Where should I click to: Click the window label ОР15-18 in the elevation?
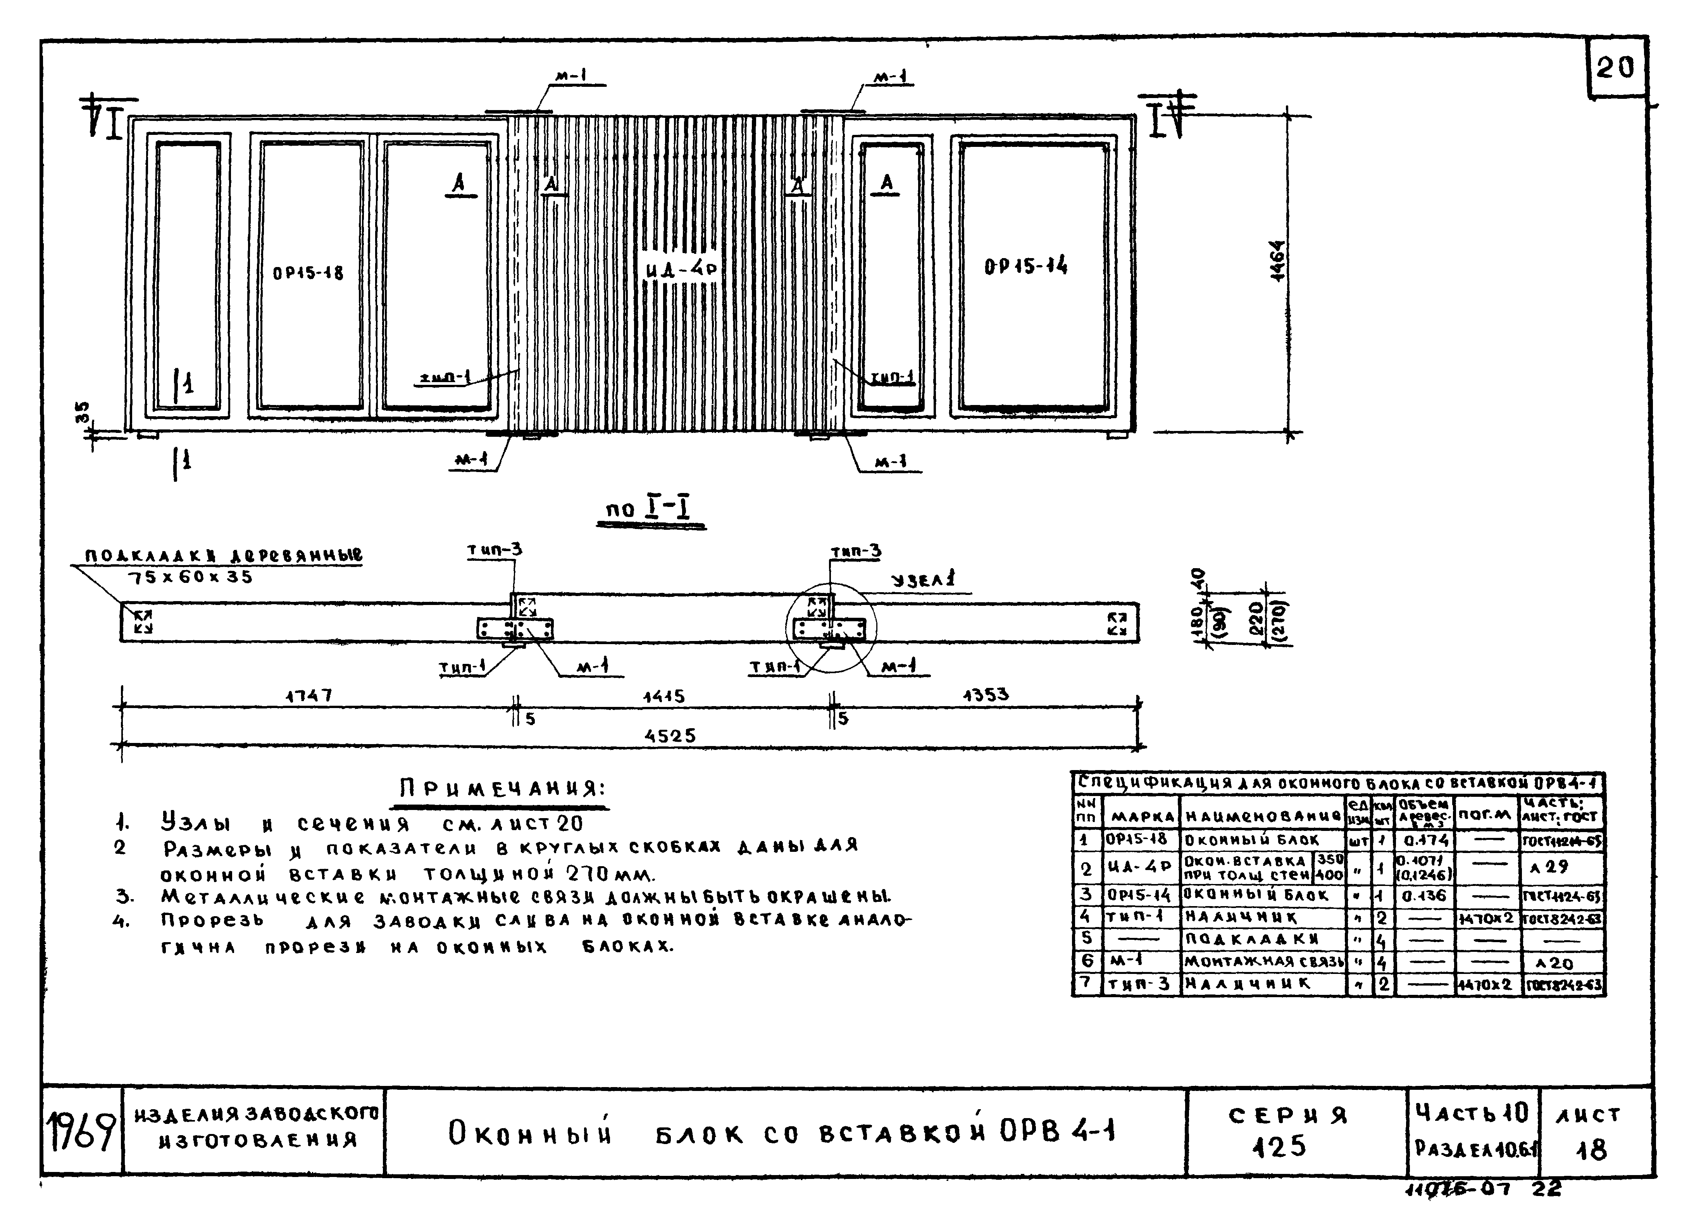(x=308, y=273)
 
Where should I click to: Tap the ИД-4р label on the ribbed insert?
(x=681, y=269)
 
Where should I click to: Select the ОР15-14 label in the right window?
(x=1025, y=266)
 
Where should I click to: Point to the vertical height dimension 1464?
(x=1278, y=261)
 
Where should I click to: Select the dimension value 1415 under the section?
(x=664, y=697)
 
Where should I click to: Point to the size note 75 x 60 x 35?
(x=190, y=577)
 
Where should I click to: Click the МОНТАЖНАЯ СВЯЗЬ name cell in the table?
(x=1263, y=962)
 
